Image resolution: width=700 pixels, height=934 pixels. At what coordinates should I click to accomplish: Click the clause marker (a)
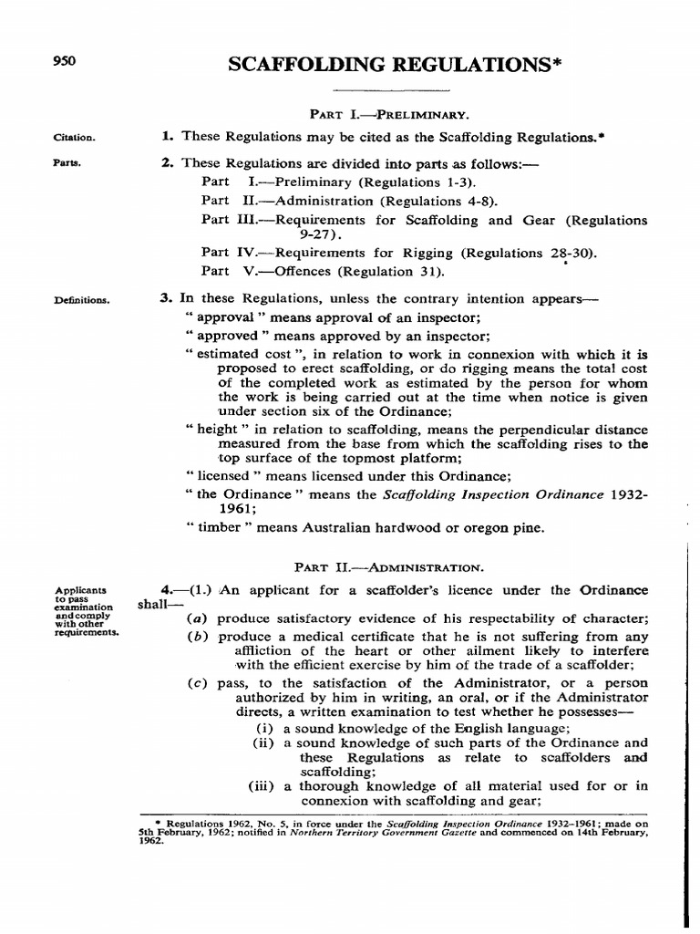coord(195,618)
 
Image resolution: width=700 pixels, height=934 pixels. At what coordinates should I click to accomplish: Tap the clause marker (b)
coord(195,636)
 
